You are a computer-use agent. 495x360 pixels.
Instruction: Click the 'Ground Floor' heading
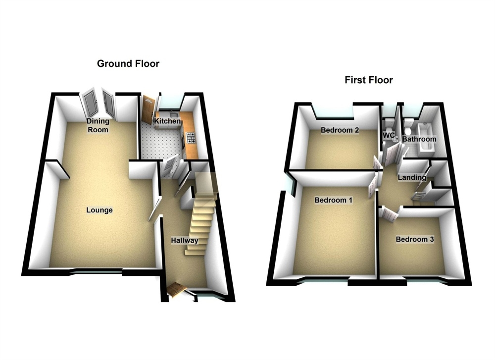[x=128, y=63]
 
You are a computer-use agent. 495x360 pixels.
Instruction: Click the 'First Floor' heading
[x=369, y=80]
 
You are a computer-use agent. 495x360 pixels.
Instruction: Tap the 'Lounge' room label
[x=99, y=210]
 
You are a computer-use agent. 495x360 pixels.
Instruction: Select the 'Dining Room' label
[x=98, y=125]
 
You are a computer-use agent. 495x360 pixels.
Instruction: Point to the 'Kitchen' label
[x=167, y=121]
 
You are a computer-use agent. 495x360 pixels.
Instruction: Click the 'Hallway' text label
[x=185, y=241]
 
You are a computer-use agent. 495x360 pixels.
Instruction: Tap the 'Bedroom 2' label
[x=340, y=131]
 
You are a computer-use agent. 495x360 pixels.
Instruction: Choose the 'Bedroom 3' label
[x=415, y=240]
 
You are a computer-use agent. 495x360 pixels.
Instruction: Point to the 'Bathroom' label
[x=419, y=140]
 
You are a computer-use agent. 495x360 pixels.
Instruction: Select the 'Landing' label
[x=412, y=177]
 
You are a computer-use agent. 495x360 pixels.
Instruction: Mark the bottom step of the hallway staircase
[x=195, y=252]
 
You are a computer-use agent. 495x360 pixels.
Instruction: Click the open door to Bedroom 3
[x=389, y=214]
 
